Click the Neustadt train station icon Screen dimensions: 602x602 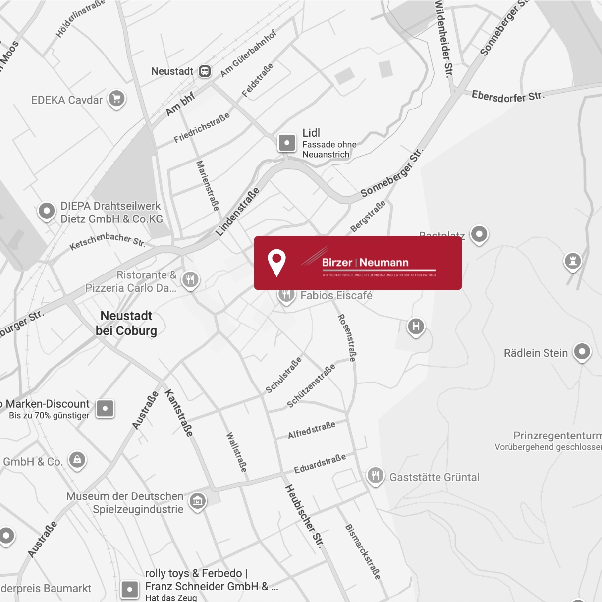(x=205, y=71)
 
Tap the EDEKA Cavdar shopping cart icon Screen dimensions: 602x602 (x=116, y=98)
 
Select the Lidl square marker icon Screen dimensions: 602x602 (x=287, y=143)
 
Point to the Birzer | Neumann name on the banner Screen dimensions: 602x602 (x=365, y=263)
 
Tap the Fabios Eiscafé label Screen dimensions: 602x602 (x=336, y=296)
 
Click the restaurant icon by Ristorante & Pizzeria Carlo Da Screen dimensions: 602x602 (x=190, y=279)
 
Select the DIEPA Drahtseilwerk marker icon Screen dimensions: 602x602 (x=47, y=211)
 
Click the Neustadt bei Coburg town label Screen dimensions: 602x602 (x=126, y=323)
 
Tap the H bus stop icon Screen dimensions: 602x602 (x=416, y=326)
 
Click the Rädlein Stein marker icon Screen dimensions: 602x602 (x=582, y=352)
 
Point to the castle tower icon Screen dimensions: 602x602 (x=573, y=261)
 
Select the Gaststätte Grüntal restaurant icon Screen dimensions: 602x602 (x=375, y=476)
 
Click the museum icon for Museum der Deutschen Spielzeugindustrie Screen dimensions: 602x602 (x=197, y=501)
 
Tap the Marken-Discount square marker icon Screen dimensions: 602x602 (x=105, y=409)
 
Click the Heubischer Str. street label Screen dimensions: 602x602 (x=304, y=516)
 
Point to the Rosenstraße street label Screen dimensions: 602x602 (x=347, y=337)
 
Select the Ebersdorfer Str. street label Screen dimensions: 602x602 (x=508, y=96)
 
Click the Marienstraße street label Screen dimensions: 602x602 (x=208, y=185)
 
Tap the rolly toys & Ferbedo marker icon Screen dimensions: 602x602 (x=130, y=589)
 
